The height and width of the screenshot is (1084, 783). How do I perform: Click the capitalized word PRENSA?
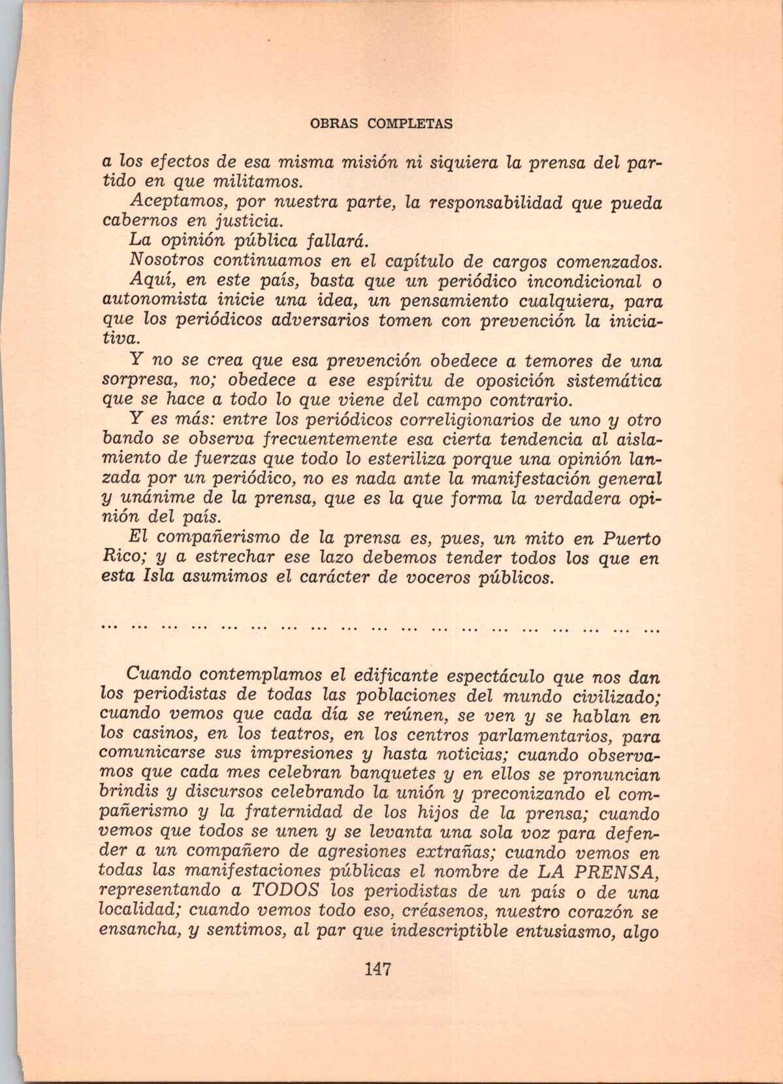[621, 872]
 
